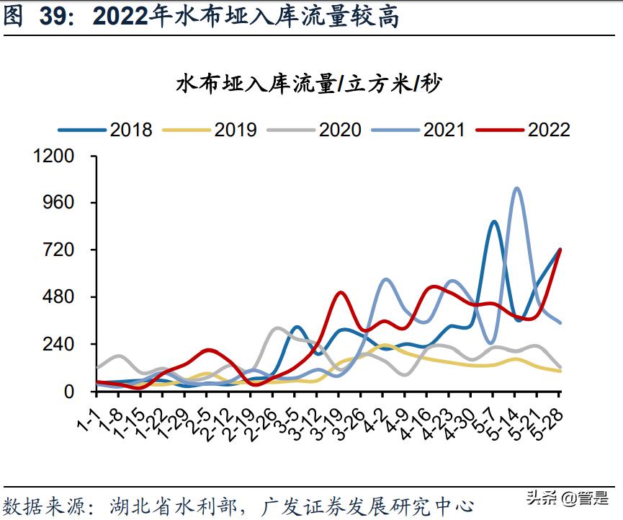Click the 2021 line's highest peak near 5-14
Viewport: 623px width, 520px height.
516,189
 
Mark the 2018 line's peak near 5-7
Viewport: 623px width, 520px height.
494,222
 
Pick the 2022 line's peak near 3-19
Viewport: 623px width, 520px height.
341,293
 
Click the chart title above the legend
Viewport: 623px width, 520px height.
310,84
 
